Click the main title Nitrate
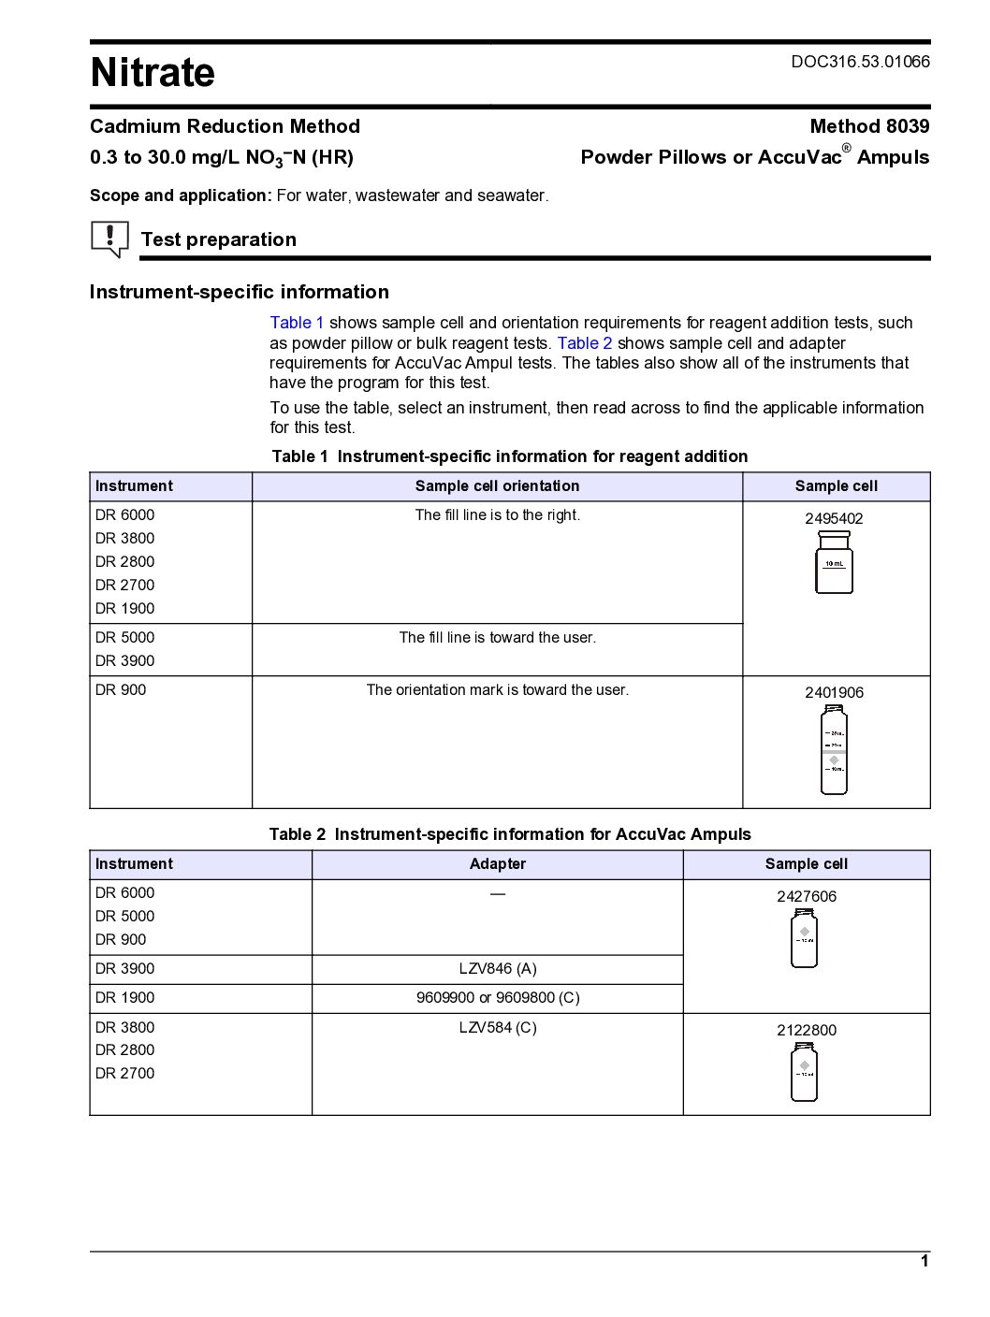point(153,73)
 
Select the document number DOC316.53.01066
point(860,62)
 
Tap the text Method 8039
point(869,126)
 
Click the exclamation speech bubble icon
point(109,239)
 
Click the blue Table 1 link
point(297,323)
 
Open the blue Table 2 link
point(584,343)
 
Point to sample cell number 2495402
point(834,518)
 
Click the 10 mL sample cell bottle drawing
point(834,562)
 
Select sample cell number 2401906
point(834,692)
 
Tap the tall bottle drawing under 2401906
point(834,750)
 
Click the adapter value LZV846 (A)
point(498,969)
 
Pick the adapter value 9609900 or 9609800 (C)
point(498,998)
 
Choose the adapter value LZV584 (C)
point(498,1027)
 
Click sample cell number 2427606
point(806,896)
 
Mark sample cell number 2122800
point(806,1030)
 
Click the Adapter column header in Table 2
point(498,864)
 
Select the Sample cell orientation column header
point(498,486)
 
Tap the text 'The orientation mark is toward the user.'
point(498,690)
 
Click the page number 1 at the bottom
point(924,1261)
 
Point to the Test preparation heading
point(218,239)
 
